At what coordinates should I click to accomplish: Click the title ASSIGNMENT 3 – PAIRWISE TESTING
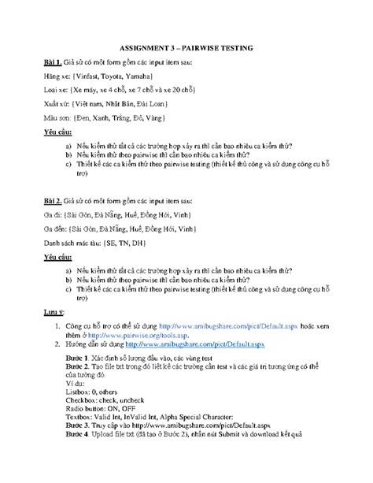[x=186, y=48]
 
